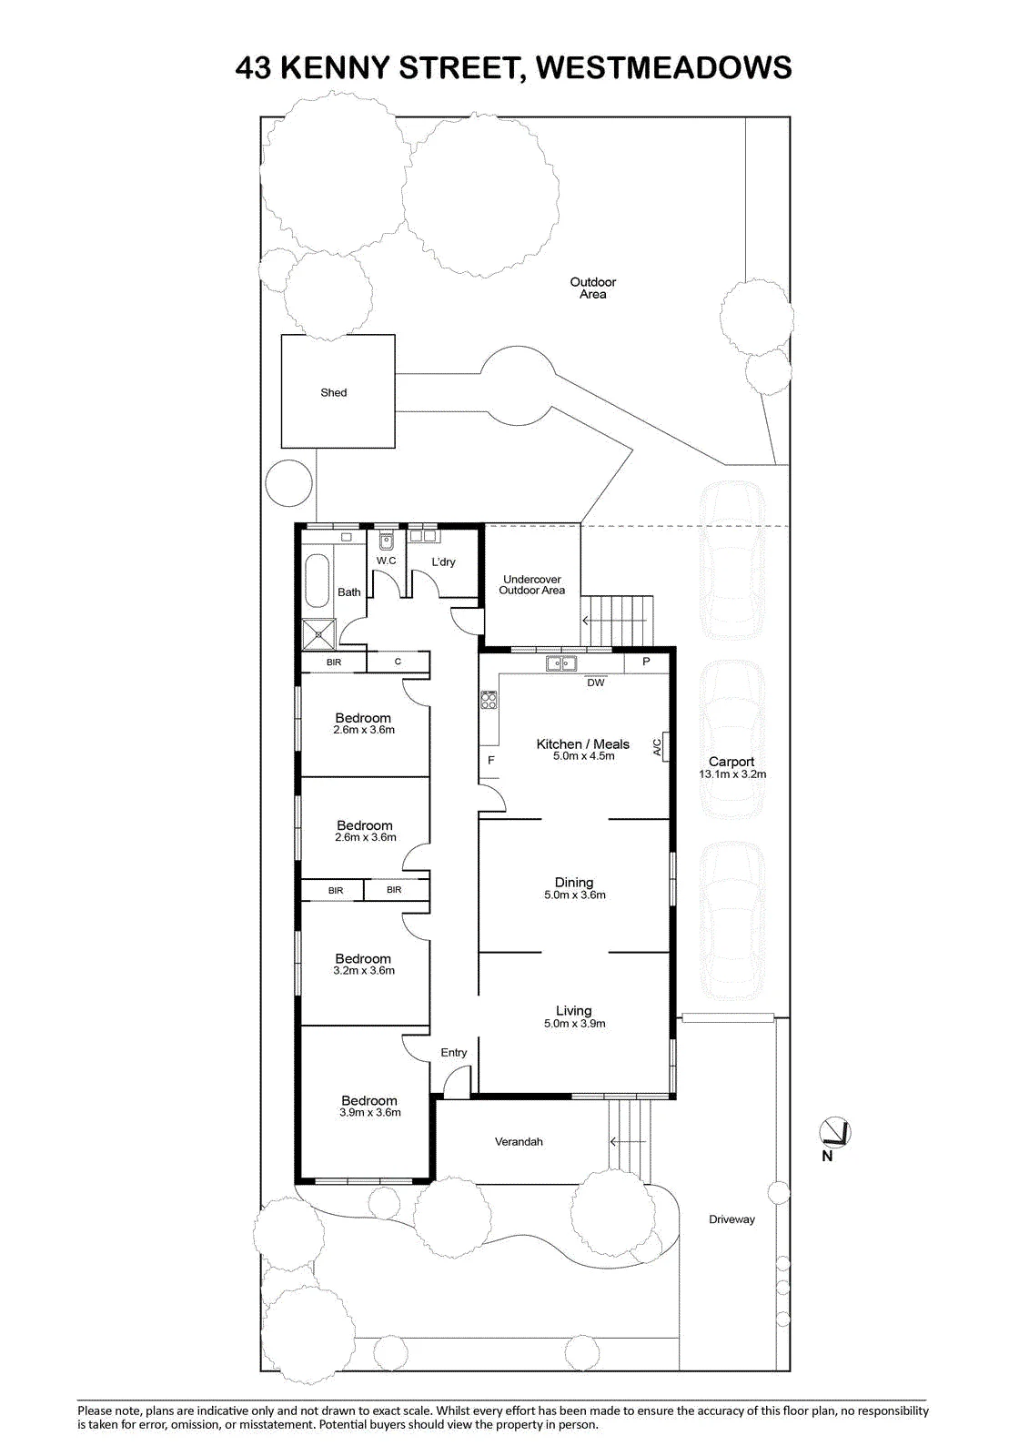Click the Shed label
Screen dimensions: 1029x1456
point(334,392)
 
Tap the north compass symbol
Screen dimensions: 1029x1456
point(834,1134)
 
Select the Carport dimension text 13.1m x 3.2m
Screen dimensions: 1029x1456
point(732,774)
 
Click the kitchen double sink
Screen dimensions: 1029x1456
point(561,663)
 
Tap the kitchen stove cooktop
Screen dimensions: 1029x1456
point(489,700)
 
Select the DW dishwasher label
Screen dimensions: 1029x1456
point(595,682)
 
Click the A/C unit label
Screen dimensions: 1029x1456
point(657,747)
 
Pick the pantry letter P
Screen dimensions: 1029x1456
point(646,662)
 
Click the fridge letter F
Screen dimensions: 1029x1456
point(491,760)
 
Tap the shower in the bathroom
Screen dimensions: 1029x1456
point(319,633)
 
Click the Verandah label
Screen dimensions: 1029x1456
point(519,1141)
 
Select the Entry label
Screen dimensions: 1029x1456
point(454,1052)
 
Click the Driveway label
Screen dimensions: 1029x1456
point(731,1219)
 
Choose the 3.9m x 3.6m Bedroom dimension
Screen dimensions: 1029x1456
point(370,1112)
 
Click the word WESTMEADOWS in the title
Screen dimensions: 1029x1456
point(665,67)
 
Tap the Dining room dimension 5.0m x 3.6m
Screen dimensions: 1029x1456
point(575,895)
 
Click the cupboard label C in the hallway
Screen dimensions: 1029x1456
point(398,661)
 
